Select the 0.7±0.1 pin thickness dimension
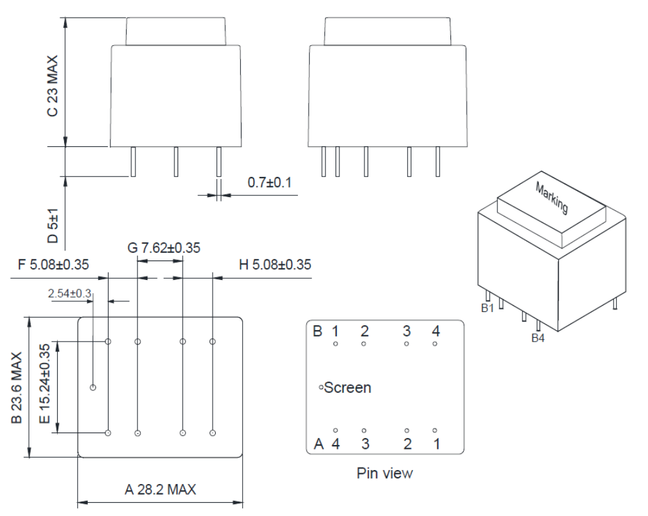[x=269, y=183]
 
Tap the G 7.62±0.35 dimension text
[x=164, y=248]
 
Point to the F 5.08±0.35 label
[x=53, y=264]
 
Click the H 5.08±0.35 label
[x=275, y=264]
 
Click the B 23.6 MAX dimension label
[x=17, y=387]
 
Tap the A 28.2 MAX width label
[x=160, y=490]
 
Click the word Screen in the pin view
[x=348, y=388]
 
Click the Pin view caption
[x=385, y=473]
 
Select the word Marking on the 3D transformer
[x=551, y=198]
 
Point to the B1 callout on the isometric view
[x=487, y=308]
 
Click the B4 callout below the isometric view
[x=538, y=338]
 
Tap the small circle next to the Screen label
[x=321, y=388]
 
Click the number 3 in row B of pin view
[x=406, y=331]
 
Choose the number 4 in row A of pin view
[x=336, y=444]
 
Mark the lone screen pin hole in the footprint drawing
[x=93, y=387]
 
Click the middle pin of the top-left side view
[x=176, y=162]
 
